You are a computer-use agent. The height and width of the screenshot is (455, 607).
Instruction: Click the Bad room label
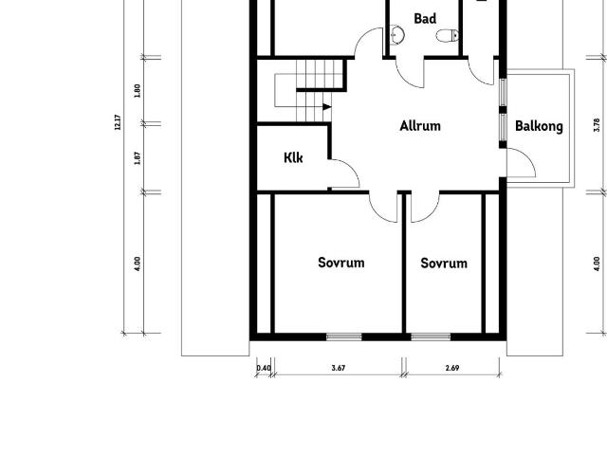(425, 18)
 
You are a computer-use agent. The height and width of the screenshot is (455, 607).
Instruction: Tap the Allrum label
(420, 125)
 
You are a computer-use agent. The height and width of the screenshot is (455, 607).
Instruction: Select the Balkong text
(539, 126)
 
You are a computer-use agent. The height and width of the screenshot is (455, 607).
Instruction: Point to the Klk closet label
(293, 158)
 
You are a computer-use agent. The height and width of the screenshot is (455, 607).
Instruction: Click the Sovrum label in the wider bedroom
(340, 263)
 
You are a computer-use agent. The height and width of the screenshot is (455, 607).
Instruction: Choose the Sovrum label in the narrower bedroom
(444, 263)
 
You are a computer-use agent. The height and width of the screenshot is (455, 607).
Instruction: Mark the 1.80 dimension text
(138, 91)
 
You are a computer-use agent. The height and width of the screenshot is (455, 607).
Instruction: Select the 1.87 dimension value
(138, 156)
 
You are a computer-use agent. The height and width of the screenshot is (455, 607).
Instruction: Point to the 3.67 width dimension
(338, 368)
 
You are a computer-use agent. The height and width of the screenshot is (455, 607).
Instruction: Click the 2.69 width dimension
(452, 368)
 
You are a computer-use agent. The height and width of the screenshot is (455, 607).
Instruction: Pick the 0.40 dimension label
(264, 368)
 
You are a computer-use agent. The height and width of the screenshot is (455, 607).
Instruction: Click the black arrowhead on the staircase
(326, 106)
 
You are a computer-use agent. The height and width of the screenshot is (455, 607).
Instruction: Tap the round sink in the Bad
(397, 36)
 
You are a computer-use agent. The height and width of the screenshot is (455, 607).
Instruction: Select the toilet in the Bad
(446, 36)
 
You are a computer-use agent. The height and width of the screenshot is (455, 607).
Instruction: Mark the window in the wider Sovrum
(343, 337)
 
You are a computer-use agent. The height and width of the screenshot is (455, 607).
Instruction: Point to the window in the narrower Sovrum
(431, 337)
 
